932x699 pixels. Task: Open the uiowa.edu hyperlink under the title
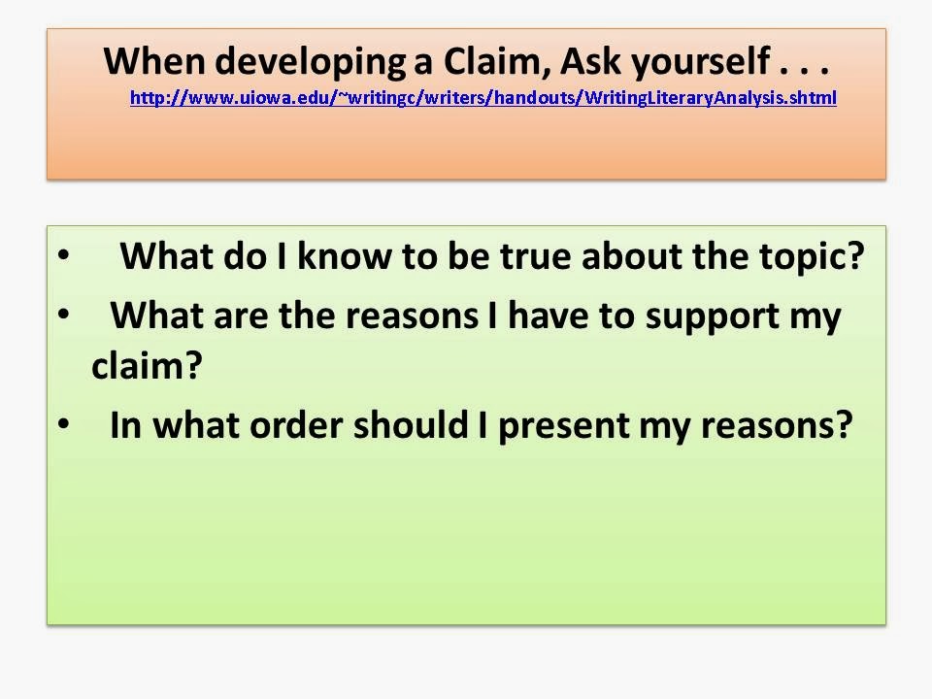[483, 98]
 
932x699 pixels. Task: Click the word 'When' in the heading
[155, 61]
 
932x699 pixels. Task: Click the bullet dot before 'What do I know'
[64, 256]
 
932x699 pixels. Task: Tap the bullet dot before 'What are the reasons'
[64, 316]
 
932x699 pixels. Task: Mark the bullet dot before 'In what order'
[64, 424]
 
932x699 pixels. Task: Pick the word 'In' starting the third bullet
[124, 425]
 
